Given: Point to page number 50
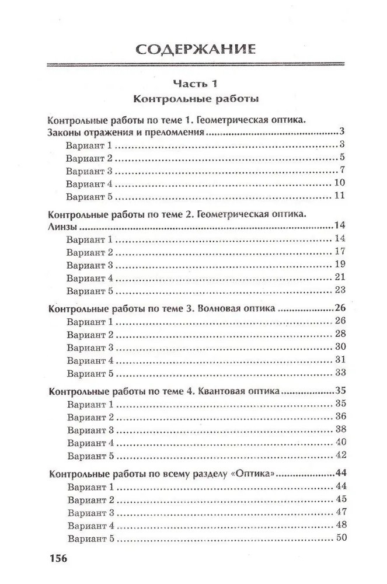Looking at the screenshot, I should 342,537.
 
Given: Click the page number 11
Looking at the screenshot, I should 341,196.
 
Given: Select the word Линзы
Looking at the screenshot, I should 60,226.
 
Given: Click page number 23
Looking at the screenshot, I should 341,290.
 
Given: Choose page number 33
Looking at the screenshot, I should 341,373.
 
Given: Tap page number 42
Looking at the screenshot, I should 341,455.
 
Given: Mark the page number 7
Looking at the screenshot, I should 344,170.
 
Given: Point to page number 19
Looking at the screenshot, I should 341,265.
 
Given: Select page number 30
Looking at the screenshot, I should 341,347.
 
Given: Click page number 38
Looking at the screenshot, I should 341,429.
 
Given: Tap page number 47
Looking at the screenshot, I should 342,512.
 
